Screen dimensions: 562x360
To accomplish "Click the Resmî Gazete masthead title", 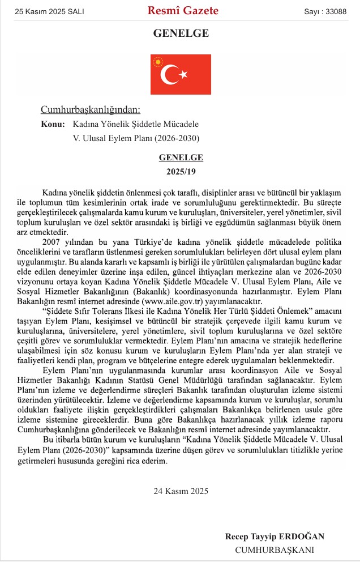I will tap(183, 11).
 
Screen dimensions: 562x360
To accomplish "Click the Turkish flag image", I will tap(181, 74).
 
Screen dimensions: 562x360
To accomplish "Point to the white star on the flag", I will tap(183, 74).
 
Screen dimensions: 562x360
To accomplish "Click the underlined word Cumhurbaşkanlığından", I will tap(90, 110).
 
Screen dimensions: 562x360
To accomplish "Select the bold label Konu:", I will tap(53, 124).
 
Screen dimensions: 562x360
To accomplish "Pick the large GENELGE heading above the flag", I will tap(181, 33).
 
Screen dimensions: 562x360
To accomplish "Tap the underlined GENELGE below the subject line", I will tap(181, 157).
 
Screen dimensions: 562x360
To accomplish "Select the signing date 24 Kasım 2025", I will tap(181, 491).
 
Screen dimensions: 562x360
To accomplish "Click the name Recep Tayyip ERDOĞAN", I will tap(275, 536).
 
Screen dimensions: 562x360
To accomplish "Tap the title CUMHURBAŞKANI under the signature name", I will tap(275, 550).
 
